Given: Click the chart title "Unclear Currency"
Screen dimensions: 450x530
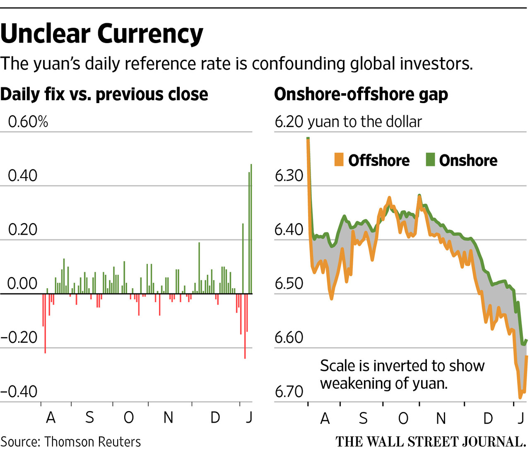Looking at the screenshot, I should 102,34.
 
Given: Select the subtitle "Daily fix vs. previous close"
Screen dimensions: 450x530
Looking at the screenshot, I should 104,94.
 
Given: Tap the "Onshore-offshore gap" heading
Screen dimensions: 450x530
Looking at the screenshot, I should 361,94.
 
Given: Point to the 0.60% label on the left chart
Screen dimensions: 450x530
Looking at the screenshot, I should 28,122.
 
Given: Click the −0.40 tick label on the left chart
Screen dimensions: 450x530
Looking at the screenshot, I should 19,391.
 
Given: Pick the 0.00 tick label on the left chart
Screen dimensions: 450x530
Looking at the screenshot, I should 22,284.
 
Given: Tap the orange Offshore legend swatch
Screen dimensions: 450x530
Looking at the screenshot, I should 339,160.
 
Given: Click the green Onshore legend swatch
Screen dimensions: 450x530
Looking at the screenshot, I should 430,160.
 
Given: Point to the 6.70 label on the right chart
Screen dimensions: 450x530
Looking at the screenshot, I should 289,391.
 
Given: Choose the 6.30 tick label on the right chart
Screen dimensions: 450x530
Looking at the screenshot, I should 289,176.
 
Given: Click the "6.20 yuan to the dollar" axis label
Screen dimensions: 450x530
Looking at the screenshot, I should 348,122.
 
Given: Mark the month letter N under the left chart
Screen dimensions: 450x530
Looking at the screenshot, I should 168,418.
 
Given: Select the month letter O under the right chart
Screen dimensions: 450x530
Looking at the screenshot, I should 403,419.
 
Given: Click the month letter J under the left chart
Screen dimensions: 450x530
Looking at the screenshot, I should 248,418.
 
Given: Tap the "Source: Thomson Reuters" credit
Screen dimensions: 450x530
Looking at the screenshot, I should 71,442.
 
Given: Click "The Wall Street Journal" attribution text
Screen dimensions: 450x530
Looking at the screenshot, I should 431,442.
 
